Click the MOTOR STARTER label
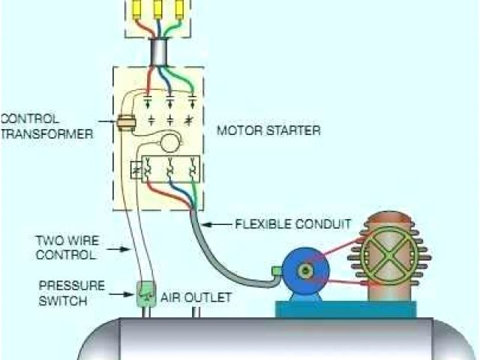pos(268,130)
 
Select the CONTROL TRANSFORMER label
pos(46,127)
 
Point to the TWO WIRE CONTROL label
pos(66,247)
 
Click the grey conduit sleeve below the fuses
pos(160,52)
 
